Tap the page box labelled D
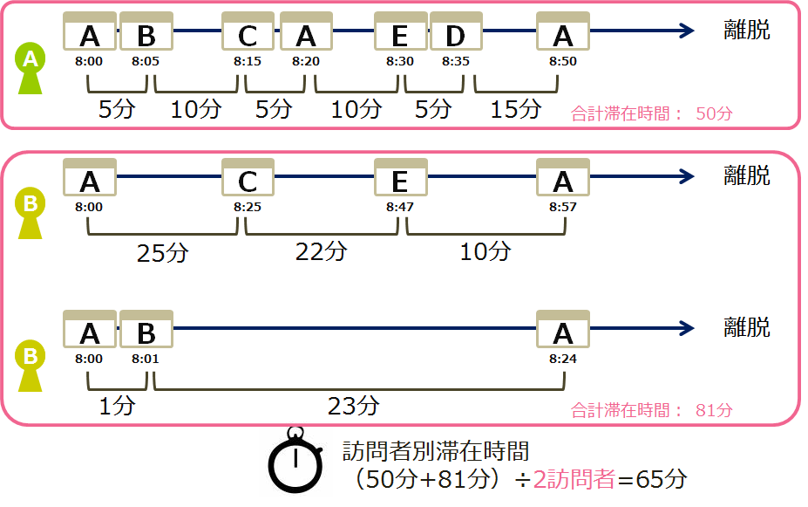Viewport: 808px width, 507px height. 455,33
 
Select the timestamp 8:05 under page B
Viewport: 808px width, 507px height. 145,62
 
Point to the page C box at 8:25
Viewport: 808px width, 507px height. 248,179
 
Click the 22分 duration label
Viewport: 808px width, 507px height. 321,252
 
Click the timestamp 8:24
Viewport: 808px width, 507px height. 562,359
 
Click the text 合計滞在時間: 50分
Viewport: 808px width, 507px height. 651,113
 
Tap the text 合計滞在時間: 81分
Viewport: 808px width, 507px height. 651,409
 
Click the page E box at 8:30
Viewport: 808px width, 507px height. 399,33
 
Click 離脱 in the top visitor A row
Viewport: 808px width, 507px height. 747,30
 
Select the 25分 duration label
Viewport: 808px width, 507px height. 162,252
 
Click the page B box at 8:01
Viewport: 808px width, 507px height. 146,331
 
